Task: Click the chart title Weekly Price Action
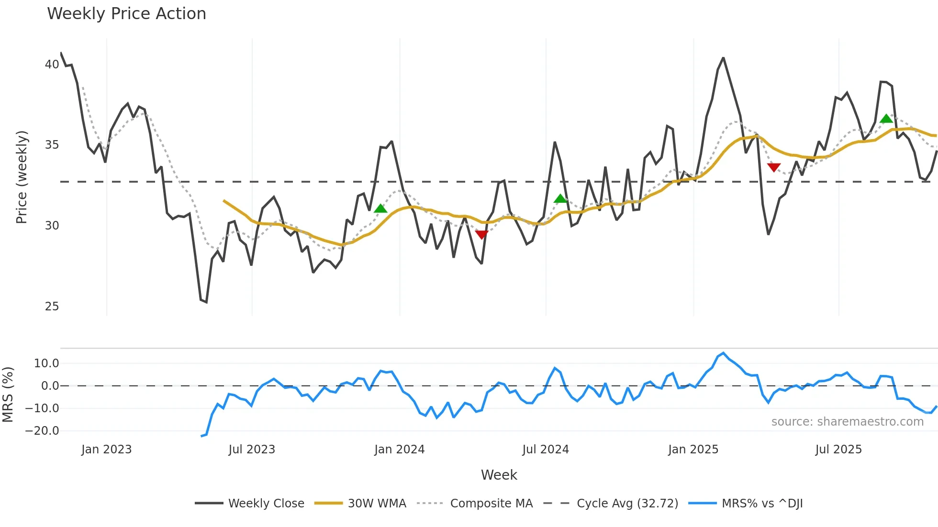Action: [126, 14]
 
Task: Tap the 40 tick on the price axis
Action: [52, 65]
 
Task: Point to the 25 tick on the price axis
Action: [52, 307]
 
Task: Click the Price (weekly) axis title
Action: [22, 177]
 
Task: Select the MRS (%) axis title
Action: [8, 395]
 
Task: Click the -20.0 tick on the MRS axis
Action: [42, 431]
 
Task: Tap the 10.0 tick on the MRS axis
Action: [46, 363]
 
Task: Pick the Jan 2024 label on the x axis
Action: [399, 450]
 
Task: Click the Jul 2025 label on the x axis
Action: [838, 450]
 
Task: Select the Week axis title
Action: [499, 475]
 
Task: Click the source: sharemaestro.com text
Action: [847, 422]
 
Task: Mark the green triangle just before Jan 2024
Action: [380, 209]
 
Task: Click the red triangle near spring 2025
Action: [774, 167]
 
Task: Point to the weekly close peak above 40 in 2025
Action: [723, 58]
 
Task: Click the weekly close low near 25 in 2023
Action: [206, 302]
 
